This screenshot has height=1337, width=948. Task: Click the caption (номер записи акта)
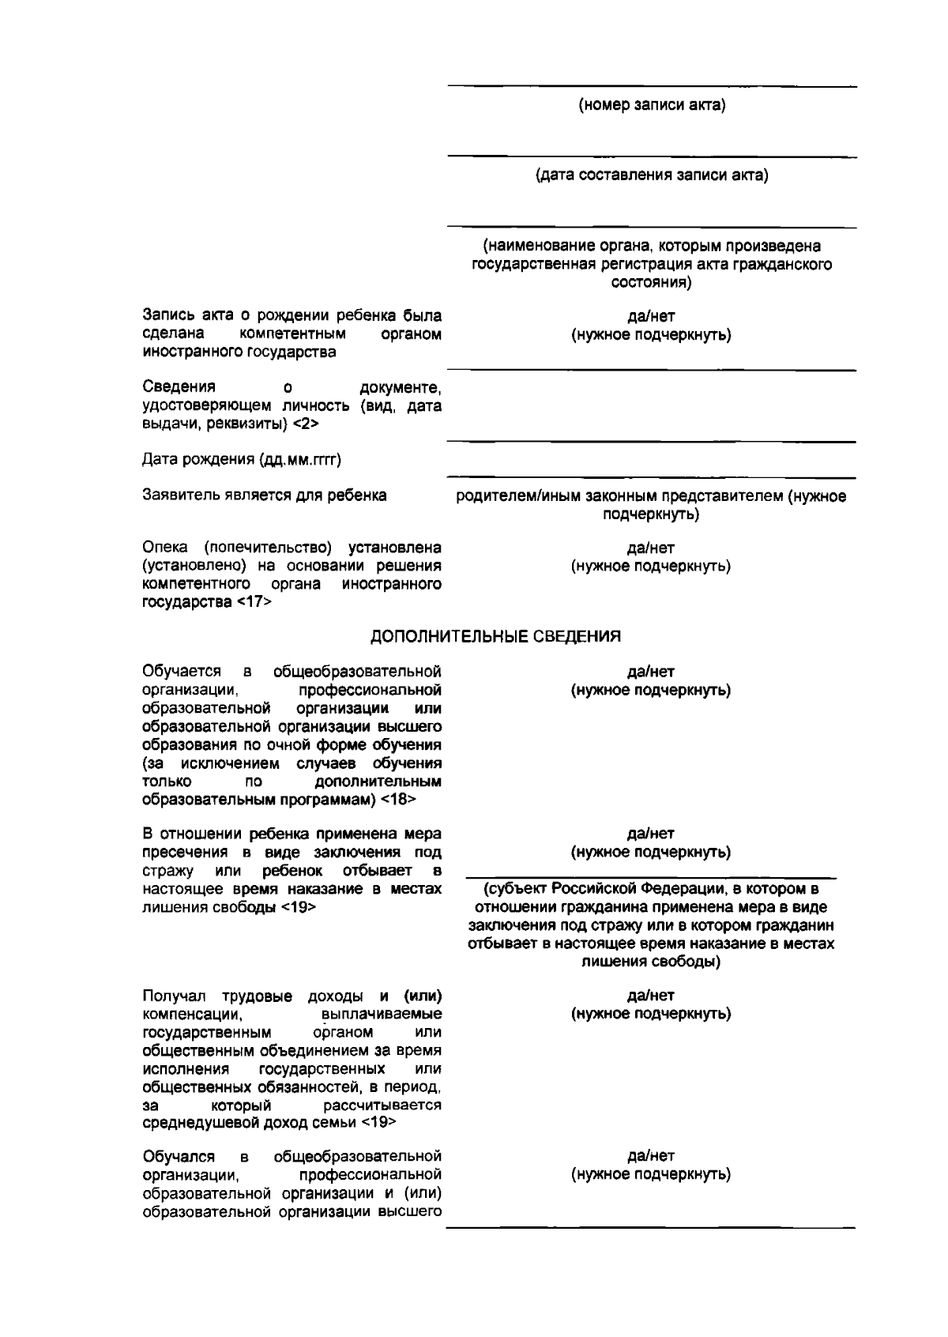pos(652,105)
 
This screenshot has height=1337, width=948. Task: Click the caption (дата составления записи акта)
pos(652,175)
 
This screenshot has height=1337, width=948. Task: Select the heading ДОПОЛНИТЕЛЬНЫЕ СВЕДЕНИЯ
pos(496,636)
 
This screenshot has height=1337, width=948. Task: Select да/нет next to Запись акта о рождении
pos(651,317)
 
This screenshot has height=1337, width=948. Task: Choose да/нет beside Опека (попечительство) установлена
pos(651,548)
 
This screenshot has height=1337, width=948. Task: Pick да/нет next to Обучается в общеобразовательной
pos(651,672)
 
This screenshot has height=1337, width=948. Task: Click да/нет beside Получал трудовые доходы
pos(651,996)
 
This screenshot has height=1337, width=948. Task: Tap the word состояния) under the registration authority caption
pos(652,283)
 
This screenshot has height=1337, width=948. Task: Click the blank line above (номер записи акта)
pos(652,86)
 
